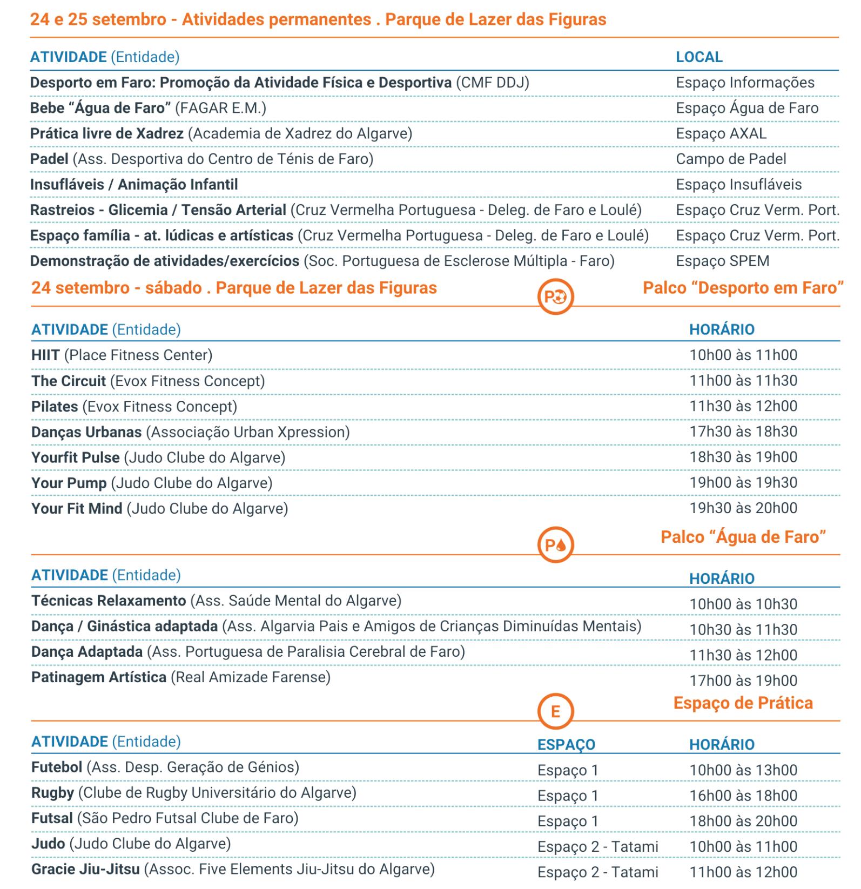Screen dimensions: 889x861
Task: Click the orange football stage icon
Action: [x=555, y=297]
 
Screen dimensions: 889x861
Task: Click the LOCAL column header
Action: [x=699, y=57]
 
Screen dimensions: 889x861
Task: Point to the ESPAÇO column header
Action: [x=566, y=744]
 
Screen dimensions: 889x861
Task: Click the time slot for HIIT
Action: [x=743, y=355]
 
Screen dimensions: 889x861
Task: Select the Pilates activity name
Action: [x=55, y=407]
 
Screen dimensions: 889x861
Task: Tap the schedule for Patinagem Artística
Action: [x=743, y=681]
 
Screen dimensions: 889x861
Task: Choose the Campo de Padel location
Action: [x=731, y=159]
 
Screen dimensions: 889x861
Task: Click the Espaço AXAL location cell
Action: [x=721, y=133]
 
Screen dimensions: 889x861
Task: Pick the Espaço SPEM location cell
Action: [x=723, y=261]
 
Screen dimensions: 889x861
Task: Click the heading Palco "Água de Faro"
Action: [x=743, y=537]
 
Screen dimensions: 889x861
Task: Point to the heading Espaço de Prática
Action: [x=743, y=703]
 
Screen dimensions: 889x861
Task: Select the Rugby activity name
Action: [x=52, y=793]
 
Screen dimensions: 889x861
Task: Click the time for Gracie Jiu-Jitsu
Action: [x=743, y=872]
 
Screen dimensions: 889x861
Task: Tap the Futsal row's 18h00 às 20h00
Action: [x=743, y=821]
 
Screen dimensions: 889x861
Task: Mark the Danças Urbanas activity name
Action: [x=86, y=432]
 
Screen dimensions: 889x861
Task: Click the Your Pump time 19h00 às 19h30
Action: [x=743, y=483]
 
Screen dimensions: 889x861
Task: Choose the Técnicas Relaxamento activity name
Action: [x=109, y=601]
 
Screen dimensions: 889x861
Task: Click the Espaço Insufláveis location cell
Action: [x=739, y=185]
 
